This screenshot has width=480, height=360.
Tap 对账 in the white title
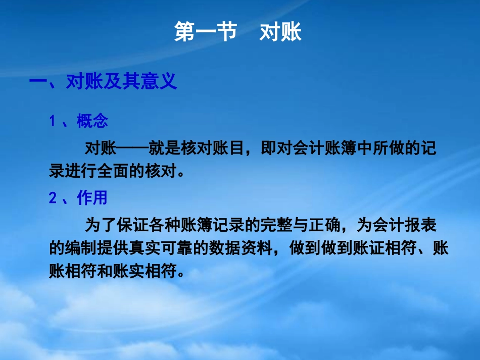(280, 32)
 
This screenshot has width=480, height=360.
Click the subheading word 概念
(92, 121)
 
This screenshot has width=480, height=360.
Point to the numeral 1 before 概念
(52, 122)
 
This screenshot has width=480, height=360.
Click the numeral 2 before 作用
(53, 198)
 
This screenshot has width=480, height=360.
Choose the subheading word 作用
(92, 198)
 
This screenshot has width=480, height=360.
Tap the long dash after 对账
(132, 148)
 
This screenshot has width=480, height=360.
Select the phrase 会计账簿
(306, 148)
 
